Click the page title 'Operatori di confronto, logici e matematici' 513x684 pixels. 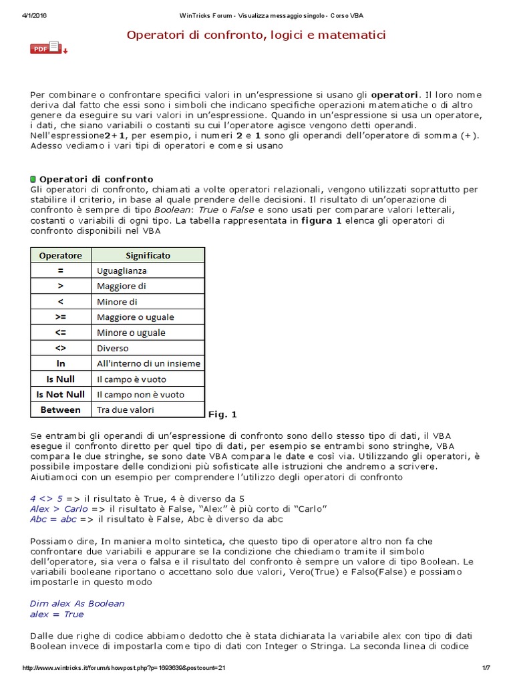coord(256,34)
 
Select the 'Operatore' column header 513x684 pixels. coord(60,255)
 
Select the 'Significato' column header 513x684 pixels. coord(148,255)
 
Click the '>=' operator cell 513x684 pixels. coord(60,317)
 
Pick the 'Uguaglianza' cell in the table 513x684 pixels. coord(122,271)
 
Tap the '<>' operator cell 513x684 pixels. coord(60,348)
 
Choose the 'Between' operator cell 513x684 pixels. coord(60,409)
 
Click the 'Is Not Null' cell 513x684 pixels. coord(60,394)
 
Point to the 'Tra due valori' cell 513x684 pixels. coord(126,409)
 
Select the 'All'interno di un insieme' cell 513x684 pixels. coord(148,363)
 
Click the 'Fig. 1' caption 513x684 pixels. coord(222,414)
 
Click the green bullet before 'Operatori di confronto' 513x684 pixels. coord(33,179)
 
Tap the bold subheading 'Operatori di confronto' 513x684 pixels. coord(96,179)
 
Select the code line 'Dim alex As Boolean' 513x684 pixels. coord(77,603)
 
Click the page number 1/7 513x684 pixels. coord(486,668)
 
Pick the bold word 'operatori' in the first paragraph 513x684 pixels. coord(395,94)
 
